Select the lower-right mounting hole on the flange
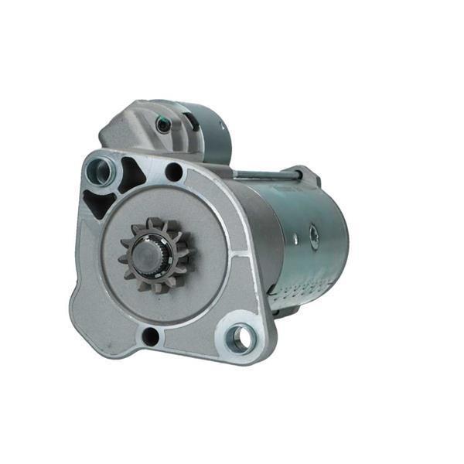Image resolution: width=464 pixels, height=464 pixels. tap(240, 337)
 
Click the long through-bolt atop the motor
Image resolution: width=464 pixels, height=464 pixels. tap(263, 176)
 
